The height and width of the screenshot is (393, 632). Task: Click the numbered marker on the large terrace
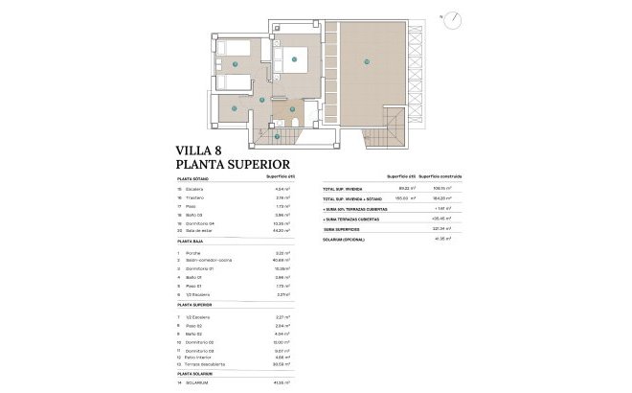[366, 63]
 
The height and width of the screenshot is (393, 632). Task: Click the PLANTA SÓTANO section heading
[194, 178]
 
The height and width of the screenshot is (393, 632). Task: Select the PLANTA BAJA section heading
[192, 243]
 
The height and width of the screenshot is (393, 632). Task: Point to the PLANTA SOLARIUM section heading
[197, 373]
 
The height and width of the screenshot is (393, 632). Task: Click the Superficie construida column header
[441, 178]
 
